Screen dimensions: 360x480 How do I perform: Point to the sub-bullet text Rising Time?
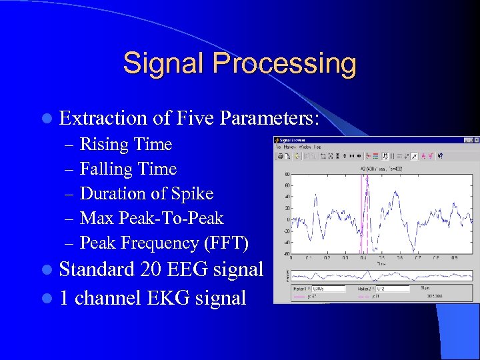coord(125,144)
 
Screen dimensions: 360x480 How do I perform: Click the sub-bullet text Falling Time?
coord(128,169)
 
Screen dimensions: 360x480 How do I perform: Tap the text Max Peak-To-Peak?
coord(151,218)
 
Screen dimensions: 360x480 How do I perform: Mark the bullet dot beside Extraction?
coord(45,119)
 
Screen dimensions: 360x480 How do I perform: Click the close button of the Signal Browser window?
coord(476,140)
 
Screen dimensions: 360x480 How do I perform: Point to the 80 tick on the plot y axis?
coord(285,174)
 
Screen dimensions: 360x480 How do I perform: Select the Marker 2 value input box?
coord(393,289)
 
